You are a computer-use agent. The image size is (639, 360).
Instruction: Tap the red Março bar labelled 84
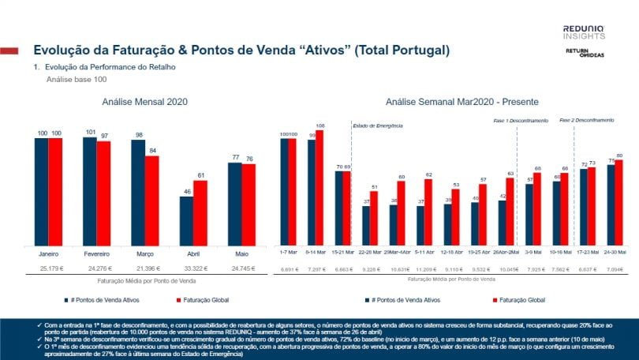pos(152,200)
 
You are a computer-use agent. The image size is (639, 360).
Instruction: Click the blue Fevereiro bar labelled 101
pos(90,190)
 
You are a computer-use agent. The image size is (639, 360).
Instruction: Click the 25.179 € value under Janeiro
pos(48,269)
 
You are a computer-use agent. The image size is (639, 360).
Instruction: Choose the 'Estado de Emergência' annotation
pos(377,126)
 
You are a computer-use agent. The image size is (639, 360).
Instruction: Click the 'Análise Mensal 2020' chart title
pos(144,103)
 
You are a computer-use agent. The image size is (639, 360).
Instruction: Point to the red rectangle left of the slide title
pos(9,51)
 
